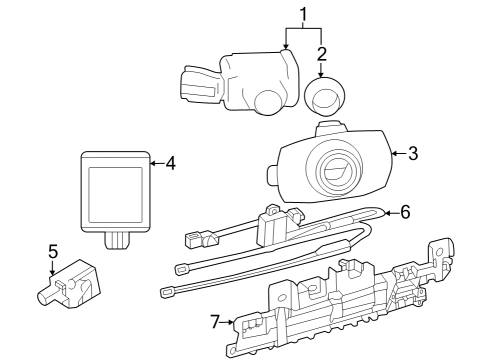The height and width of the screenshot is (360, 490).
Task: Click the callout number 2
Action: click(322, 52)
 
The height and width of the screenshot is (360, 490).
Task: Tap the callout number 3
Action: click(411, 153)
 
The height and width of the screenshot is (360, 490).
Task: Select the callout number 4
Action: click(170, 162)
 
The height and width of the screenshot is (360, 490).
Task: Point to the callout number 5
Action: click(53, 253)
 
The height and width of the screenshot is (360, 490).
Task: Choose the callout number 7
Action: click(214, 322)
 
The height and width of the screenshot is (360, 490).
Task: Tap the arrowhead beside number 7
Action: click(231, 322)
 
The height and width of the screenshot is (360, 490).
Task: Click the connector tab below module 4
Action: click(118, 240)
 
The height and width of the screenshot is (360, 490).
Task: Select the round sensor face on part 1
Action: click(269, 101)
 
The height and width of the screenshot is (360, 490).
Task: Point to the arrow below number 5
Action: click(53, 271)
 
